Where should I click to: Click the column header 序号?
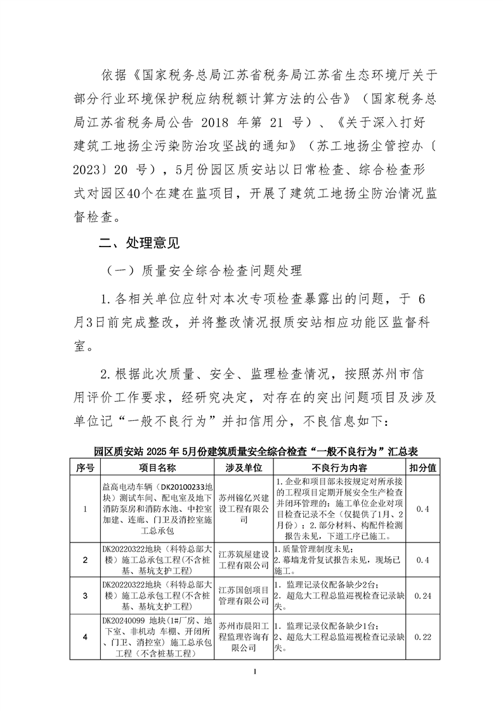(x=84, y=468)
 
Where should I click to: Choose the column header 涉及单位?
(x=244, y=468)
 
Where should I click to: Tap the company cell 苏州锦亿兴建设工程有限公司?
(x=244, y=509)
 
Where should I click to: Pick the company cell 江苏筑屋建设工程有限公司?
(x=244, y=559)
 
